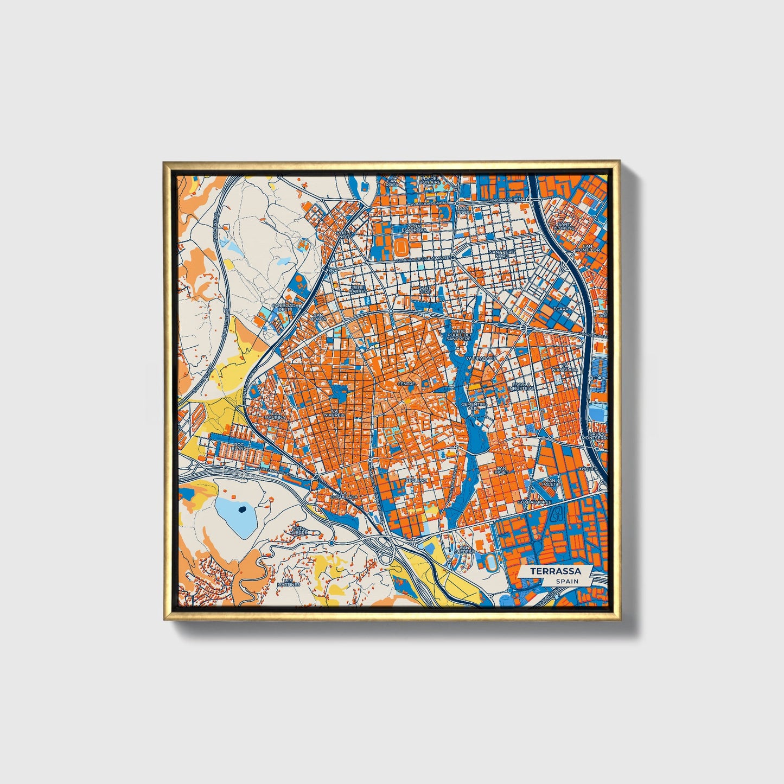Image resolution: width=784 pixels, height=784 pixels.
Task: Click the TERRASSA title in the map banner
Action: pos(555,571)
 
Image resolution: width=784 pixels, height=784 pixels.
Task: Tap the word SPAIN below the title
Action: pos(567,581)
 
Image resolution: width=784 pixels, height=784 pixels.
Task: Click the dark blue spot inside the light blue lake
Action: pos(241,509)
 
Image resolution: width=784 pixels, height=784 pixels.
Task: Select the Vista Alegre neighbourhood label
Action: pos(299,530)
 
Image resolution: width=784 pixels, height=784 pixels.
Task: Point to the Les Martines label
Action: pos(288,583)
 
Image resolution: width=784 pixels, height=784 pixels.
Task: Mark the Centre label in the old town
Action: pos(406,384)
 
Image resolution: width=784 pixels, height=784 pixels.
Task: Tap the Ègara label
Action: pos(560,309)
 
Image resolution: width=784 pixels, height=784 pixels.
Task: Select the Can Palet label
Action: pos(500,470)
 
